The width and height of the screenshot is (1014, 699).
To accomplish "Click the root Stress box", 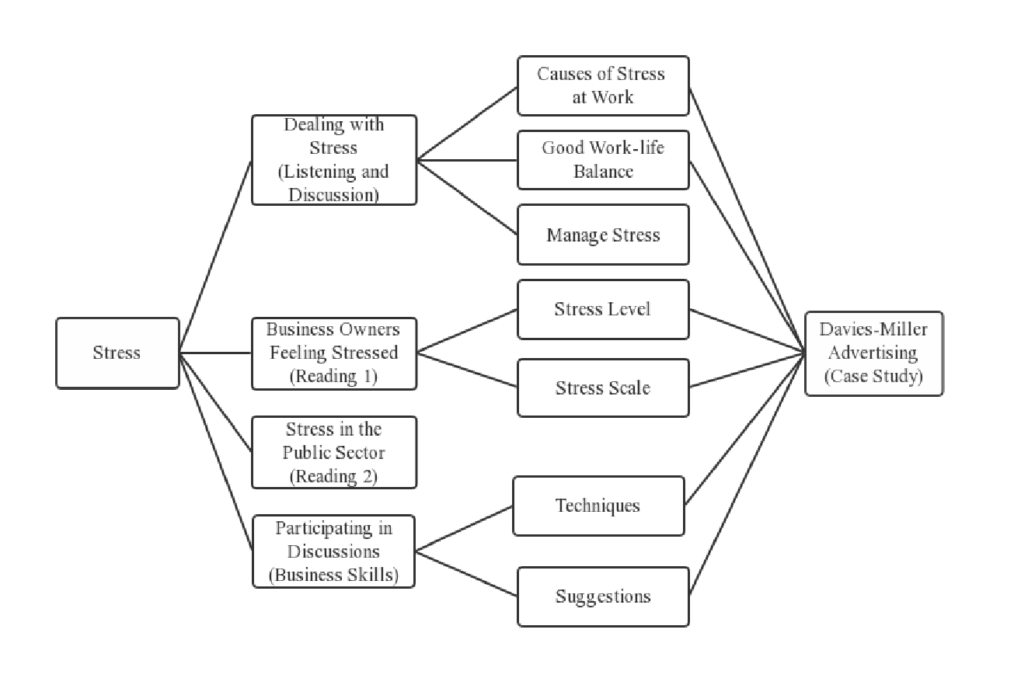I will (117, 353).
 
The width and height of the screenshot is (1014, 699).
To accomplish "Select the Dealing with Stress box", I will (333, 160).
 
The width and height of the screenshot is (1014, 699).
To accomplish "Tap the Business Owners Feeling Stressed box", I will (333, 353).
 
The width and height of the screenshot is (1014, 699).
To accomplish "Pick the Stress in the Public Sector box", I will (333, 452).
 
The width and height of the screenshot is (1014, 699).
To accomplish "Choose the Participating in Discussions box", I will (333, 551).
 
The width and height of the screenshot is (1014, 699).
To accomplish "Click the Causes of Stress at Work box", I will (603, 85).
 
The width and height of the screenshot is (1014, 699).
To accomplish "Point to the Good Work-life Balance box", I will (603, 160).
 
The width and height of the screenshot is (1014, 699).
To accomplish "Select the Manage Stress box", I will (603, 235).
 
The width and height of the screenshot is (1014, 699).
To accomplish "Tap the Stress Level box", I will (603, 309).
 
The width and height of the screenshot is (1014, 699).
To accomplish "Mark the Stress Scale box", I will (603, 388).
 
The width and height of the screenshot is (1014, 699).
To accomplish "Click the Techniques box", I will (598, 506).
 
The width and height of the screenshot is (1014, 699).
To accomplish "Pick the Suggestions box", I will (603, 596).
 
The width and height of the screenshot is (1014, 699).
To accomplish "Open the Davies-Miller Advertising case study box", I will (873, 353).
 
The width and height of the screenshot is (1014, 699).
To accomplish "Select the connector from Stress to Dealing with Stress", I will (215, 257).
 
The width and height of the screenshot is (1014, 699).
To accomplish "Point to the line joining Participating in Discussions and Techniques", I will (464, 529).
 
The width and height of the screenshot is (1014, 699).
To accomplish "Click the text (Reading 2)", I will (333, 476).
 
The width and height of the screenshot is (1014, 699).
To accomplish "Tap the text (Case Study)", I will (873, 377).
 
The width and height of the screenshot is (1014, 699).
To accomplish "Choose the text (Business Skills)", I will (333, 576).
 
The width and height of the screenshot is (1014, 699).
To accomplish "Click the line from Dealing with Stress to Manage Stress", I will (467, 197).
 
